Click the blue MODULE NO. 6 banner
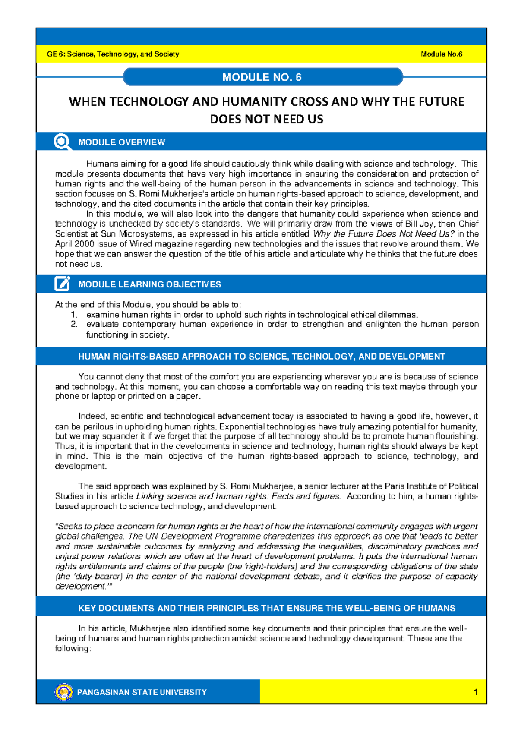click(262, 77)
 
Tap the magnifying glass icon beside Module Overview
click(62, 142)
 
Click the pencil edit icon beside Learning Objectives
click(62, 284)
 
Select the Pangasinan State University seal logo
click(64, 692)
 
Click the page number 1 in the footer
click(475, 692)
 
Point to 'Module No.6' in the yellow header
click(441, 54)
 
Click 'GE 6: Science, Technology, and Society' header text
click(113, 54)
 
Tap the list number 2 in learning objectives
click(74, 324)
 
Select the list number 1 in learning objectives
click(74, 315)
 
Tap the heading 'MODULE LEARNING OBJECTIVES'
click(149, 284)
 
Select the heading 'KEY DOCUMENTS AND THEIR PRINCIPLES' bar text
click(266, 608)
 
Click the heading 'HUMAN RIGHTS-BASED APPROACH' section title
click(261, 357)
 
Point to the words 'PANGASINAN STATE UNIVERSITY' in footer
click(142, 692)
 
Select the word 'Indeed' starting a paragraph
click(92, 416)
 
